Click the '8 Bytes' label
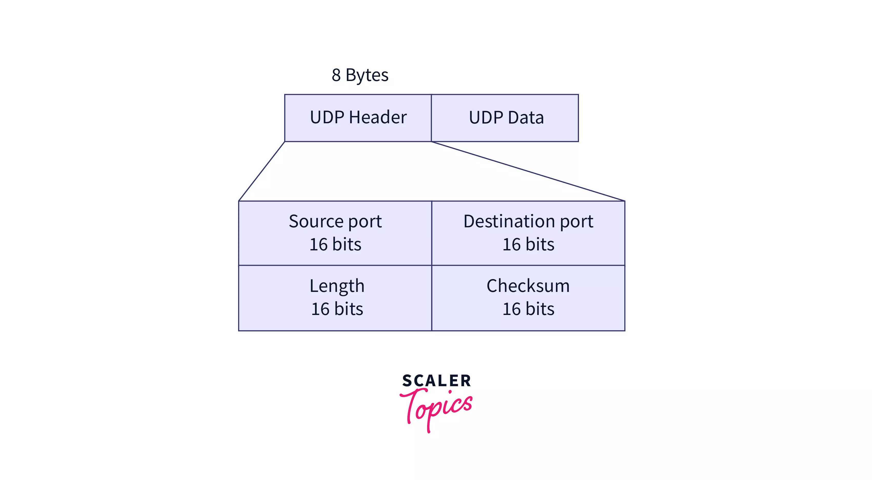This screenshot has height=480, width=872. (360, 75)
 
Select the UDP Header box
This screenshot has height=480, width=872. (358, 132)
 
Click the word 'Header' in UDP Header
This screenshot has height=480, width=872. (377, 117)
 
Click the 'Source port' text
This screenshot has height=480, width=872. (335, 222)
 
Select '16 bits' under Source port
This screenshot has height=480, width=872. (335, 244)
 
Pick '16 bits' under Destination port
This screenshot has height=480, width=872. (528, 244)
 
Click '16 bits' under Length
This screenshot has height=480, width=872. (337, 309)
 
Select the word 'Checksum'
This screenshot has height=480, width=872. (528, 286)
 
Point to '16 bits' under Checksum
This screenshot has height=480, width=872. (528, 309)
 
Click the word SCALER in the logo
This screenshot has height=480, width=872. (436, 381)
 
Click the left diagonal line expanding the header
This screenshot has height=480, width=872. (262, 171)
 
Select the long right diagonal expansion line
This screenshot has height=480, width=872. (528, 171)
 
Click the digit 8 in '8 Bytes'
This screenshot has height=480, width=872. (336, 75)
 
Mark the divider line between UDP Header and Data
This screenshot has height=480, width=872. (431, 118)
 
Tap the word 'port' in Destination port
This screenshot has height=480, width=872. (576, 222)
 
